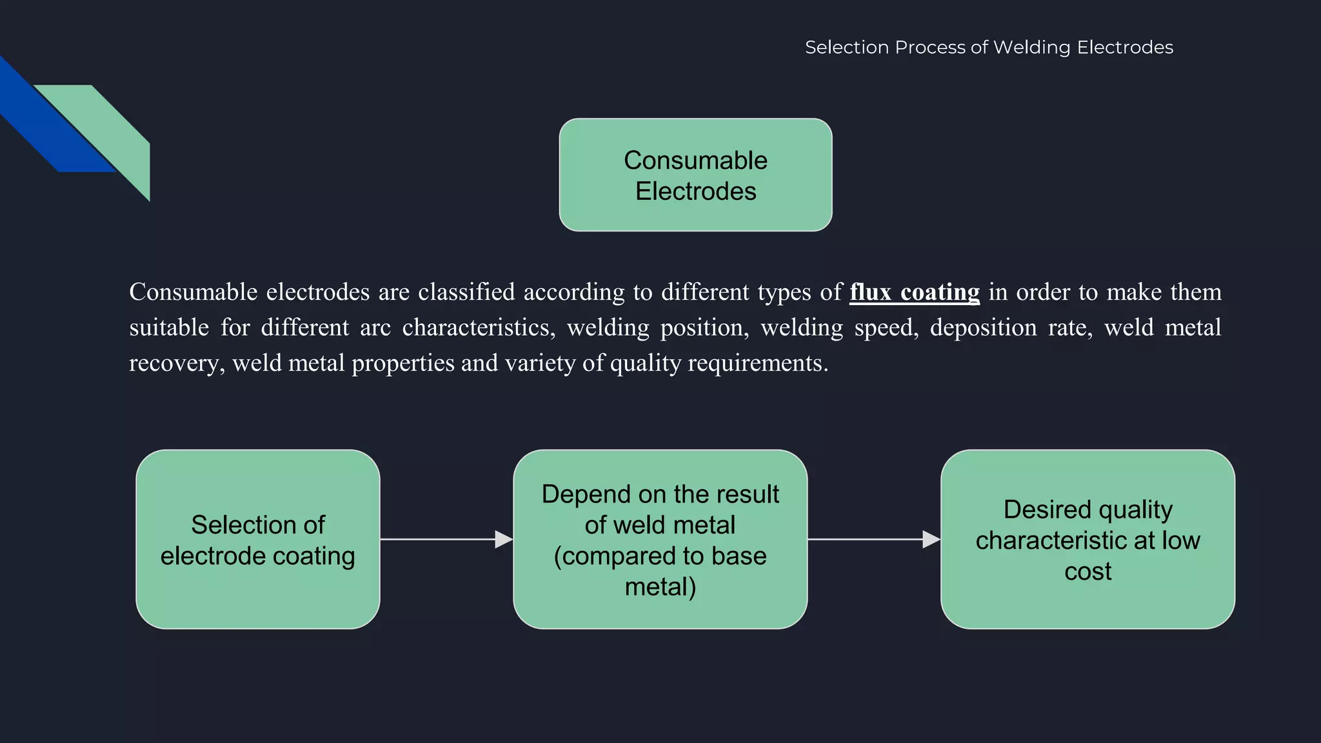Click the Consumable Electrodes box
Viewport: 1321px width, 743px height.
(695, 175)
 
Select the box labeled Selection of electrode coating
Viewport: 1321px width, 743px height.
(257, 539)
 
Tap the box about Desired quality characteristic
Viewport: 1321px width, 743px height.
(1088, 539)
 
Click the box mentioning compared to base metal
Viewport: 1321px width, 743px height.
(660, 539)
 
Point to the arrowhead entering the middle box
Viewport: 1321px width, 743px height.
(504, 539)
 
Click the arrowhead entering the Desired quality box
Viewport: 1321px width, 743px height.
(931, 539)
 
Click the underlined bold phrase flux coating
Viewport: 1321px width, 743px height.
(914, 292)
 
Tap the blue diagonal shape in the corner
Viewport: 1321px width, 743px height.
(45, 123)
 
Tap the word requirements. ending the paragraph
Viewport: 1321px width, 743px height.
(758, 363)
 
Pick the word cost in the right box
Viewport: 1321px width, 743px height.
(1088, 571)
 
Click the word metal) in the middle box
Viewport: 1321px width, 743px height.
(660, 587)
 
